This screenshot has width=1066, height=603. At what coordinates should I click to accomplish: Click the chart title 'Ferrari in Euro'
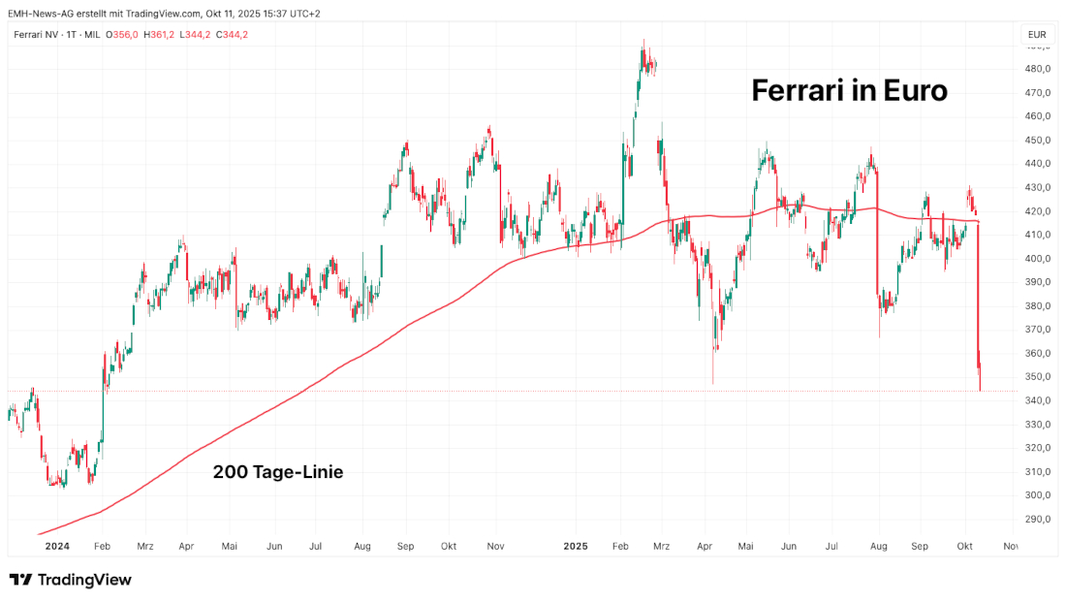coord(849,91)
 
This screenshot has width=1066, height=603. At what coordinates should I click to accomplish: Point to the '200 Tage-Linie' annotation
coord(278,473)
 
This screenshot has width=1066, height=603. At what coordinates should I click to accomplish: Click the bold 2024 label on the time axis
coord(56,547)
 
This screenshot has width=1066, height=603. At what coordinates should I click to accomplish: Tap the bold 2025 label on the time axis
coord(578,547)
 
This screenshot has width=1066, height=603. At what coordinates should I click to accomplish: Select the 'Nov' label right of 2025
coord(1010,547)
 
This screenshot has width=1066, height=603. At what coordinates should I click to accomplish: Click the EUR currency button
coord(1035,35)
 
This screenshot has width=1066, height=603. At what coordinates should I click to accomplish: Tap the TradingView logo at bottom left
coord(70,580)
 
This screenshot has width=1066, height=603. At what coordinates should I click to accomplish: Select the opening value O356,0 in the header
coord(123,35)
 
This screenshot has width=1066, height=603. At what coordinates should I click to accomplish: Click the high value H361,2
coord(160,35)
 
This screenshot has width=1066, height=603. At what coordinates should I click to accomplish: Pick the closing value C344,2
coord(232,35)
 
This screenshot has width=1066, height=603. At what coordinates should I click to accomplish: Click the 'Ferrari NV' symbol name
coord(36,35)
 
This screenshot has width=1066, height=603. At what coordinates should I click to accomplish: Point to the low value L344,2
coord(196,35)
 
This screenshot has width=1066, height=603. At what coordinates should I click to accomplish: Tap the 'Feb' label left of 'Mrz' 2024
coord(102,547)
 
